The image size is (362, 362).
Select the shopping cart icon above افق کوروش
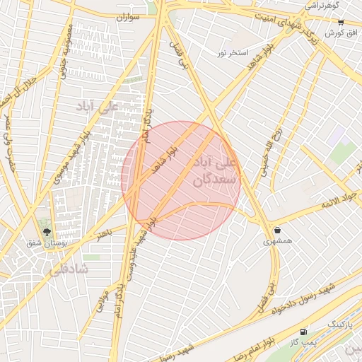(x=341, y=23)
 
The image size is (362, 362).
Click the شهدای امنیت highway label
(x=284, y=26)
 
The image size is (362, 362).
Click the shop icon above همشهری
(x=276, y=230)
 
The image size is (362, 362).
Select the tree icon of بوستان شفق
(x=47, y=232)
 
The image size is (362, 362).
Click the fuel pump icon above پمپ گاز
(x=304, y=331)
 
